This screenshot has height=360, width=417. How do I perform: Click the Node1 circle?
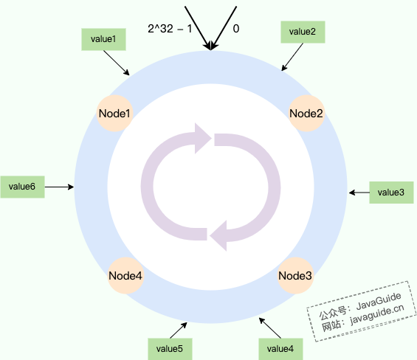pos(114,114)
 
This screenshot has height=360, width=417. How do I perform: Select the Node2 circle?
pos(306,114)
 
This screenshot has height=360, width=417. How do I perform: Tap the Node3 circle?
pos(295,275)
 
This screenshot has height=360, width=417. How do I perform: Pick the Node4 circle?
pos(125,275)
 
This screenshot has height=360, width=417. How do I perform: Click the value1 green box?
pos(103,39)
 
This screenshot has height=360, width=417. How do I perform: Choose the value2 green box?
pos(303,32)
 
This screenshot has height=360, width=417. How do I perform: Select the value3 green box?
pos(391,193)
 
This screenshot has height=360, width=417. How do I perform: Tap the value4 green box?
pos(280,349)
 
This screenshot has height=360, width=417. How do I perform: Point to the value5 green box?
pos(170,349)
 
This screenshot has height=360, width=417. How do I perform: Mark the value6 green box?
pos(22,187)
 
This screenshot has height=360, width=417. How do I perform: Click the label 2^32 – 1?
pos(170,29)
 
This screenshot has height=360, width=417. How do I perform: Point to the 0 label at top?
pos(236,29)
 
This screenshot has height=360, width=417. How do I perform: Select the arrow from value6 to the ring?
pos(59,187)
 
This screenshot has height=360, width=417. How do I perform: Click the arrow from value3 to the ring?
pos(359,193)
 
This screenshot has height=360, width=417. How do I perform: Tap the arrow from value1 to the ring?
pos(117,63)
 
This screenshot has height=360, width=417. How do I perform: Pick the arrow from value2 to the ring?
pos(292,57)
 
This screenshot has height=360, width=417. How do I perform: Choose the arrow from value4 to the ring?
pos(270,328)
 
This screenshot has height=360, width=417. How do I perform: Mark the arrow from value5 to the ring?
pos(179,330)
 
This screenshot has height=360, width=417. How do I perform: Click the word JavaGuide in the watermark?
pos(379,301)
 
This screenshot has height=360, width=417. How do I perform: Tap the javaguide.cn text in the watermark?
pos(377,315)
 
